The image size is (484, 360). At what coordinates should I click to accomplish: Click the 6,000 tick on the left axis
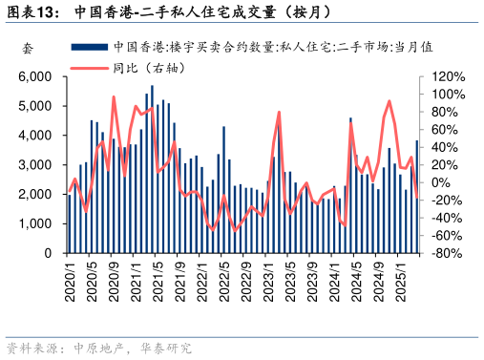coord(36,76)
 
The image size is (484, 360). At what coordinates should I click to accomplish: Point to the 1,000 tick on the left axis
coord(36,223)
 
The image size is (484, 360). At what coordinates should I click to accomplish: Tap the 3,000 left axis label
coord(36,165)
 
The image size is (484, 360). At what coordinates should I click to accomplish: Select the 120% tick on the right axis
coord(448,76)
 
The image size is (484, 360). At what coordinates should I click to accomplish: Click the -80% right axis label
coord(448,253)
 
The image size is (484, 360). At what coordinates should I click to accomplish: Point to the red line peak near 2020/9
coord(114,96)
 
